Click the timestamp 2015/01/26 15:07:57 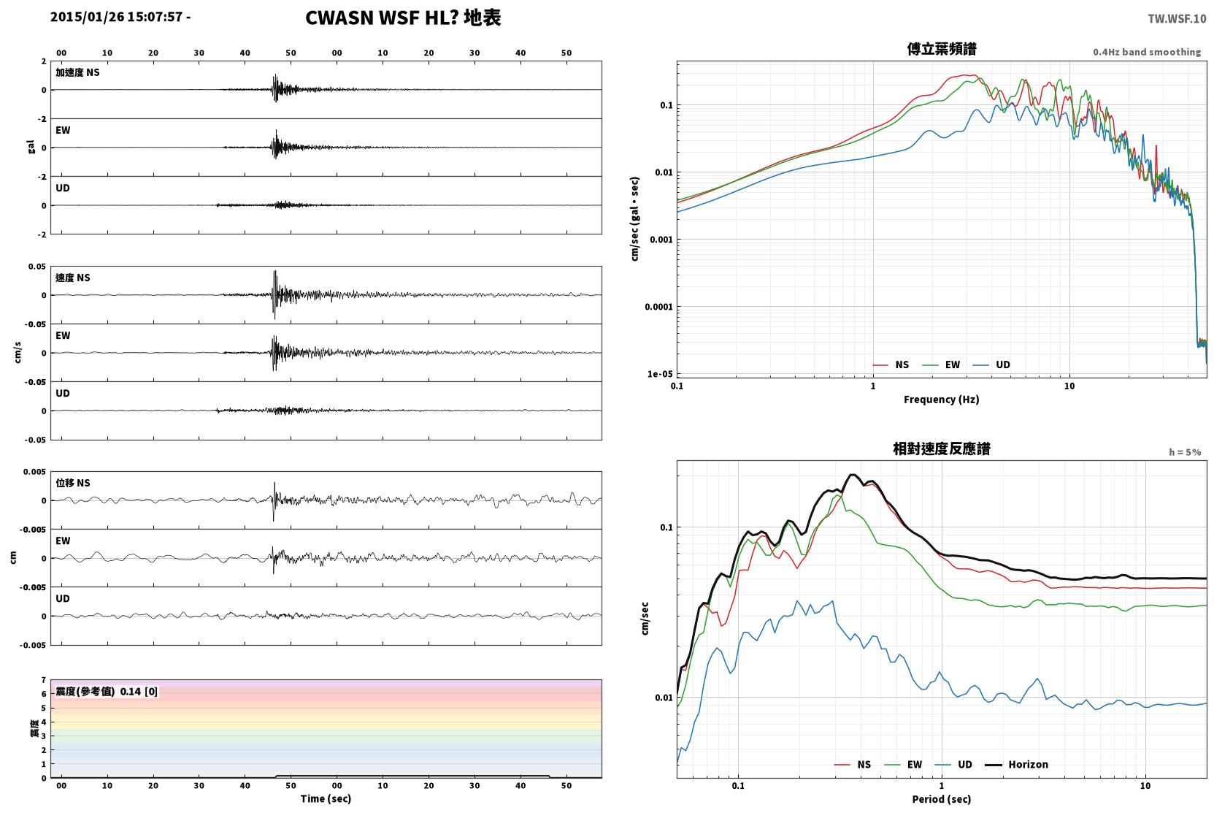click(117, 17)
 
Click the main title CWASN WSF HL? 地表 click(403, 18)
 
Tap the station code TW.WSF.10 click(1177, 19)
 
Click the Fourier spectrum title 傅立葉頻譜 click(942, 50)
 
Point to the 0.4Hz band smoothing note click(1147, 52)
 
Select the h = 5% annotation click(1185, 451)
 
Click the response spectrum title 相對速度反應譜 click(942, 449)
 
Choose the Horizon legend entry click(1028, 764)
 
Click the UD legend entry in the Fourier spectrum click(1002, 364)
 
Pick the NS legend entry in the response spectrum click(864, 764)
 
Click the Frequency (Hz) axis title click(942, 400)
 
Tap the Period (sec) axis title click(942, 799)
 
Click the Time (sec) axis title click(326, 798)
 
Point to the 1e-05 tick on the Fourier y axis click(660, 374)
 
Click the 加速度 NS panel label click(77, 72)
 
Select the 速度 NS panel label click(72, 278)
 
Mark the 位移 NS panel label click(72, 483)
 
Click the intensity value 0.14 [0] click(139, 692)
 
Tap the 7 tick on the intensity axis click(43, 680)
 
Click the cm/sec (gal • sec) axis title click(634, 218)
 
